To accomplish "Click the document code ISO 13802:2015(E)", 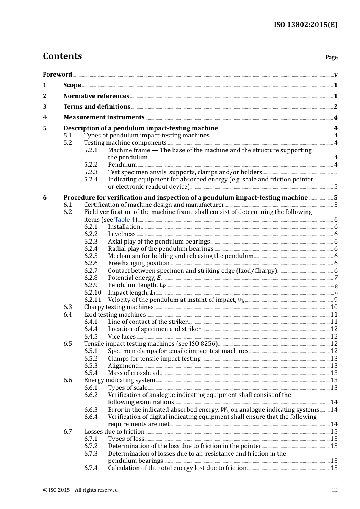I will coord(305,25).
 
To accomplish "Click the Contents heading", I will coord(62,56).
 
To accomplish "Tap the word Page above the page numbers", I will coord(331,57).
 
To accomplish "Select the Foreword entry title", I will coord(57,74).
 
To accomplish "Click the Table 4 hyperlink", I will coord(125,219).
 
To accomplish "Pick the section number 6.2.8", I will coord(91,278).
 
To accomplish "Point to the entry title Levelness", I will coord(122,234).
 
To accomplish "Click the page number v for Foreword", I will coord(335,75).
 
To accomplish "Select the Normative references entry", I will coord(96,96).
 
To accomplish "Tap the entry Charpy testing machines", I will coord(119,307).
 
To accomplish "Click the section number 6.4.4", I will coord(91,329).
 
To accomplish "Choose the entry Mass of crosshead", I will coord(133,373).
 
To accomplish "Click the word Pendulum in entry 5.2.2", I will coord(122,165).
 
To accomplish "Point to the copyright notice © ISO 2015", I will coord(80,490).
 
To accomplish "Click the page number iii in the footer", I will coord(335,490).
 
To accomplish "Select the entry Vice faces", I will coord(122,336).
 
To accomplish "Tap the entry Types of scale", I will coord(127,387).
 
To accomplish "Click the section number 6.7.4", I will coord(91,468).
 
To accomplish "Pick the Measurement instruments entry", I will coord(104,117).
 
